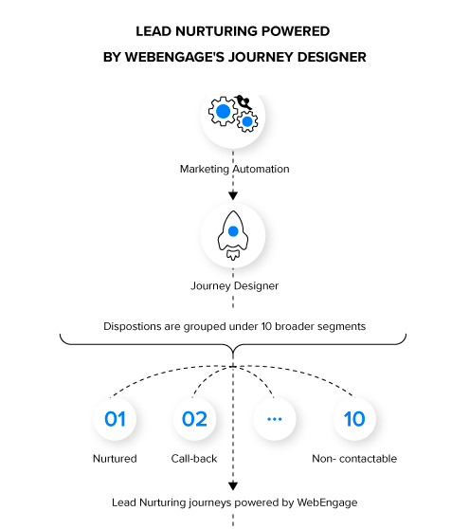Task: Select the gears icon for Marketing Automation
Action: click(233, 115)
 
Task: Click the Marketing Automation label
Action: click(234, 169)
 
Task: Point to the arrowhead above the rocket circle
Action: click(233, 195)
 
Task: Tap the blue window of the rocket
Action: click(233, 229)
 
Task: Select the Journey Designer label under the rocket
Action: click(234, 283)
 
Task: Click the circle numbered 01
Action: click(115, 418)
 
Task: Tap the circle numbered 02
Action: click(194, 418)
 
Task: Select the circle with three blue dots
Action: click(274, 418)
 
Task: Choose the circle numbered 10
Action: click(353, 418)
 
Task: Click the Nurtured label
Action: click(115, 459)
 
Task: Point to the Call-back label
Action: click(194, 459)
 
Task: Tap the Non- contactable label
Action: click(353, 459)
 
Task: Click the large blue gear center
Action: click(224, 112)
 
